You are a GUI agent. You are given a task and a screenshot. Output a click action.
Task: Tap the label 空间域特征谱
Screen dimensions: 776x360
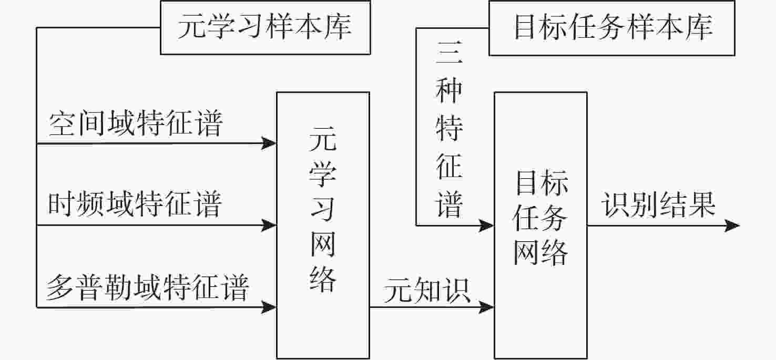[x=136, y=124]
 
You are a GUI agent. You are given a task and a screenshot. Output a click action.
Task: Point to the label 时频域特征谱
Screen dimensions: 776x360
[x=135, y=204]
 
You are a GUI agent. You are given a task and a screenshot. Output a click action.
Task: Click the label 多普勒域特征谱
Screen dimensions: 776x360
[x=148, y=287]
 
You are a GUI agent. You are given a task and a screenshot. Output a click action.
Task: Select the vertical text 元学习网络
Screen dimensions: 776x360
[x=323, y=209]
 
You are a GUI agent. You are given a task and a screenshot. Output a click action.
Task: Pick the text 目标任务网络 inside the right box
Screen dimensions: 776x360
[x=540, y=218]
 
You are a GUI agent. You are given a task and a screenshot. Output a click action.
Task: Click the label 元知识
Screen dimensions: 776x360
[x=427, y=290]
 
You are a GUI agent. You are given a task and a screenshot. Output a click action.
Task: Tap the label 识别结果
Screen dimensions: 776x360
[x=659, y=204]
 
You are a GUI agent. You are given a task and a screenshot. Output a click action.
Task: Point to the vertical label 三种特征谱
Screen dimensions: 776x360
[x=450, y=129]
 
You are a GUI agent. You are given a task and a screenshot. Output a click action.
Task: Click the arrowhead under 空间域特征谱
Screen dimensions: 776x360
[x=269, y=143]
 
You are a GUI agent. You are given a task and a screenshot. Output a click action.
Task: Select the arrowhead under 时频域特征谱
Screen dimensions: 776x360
[x=269, y=225]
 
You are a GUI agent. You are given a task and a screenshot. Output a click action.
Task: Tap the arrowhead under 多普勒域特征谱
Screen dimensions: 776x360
[x=269, y=307]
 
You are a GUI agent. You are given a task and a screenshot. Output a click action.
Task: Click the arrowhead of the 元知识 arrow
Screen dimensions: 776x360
[x=486, y=307]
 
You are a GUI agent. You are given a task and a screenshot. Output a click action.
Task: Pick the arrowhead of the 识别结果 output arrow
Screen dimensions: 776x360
[x=732, y=225]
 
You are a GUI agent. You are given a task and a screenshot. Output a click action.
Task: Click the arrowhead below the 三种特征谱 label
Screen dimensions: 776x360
[x=486, y=225]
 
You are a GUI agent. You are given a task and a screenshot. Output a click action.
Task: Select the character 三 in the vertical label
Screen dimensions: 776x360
[x=450, y=53]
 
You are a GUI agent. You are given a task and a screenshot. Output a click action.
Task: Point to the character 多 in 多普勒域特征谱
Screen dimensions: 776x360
[x=59, y=287]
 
